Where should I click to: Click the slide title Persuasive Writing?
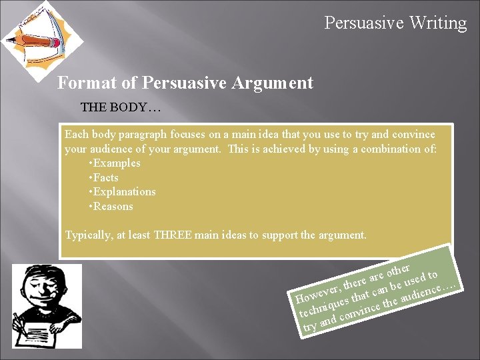point(395,23)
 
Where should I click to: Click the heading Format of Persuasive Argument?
point(185,83)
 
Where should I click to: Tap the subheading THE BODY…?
point(121,107)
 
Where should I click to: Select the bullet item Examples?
point(116,163)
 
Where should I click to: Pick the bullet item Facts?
point(105,177)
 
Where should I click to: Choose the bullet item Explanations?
point(123,192)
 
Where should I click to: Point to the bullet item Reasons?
point(113,207)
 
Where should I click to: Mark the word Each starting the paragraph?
point(76,134)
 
